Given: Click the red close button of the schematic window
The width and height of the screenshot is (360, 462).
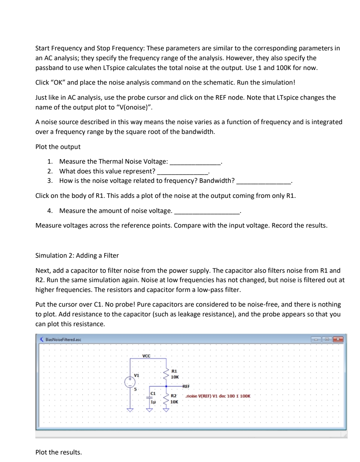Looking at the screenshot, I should click(x=338, y=339).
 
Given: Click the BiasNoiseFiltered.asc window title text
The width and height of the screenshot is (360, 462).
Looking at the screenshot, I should click(x=62, y=339).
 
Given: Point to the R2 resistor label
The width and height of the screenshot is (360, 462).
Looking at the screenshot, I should click(x=174, y=396).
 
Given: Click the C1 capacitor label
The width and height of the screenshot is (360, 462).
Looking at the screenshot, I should click(x=153, y=394).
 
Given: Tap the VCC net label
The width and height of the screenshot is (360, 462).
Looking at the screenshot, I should click(x=147, y=356).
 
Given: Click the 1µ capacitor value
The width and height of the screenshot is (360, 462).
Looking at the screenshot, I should click(x=153, y=402).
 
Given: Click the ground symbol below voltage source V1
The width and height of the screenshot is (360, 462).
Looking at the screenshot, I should click(x=130, y=410).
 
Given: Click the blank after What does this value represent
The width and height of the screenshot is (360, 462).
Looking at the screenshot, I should click(x=183, y=172).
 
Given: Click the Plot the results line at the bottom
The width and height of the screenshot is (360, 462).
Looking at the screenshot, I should click(x=58, y=452).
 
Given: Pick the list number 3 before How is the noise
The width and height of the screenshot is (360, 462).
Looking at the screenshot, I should click(x=50, y=181).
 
